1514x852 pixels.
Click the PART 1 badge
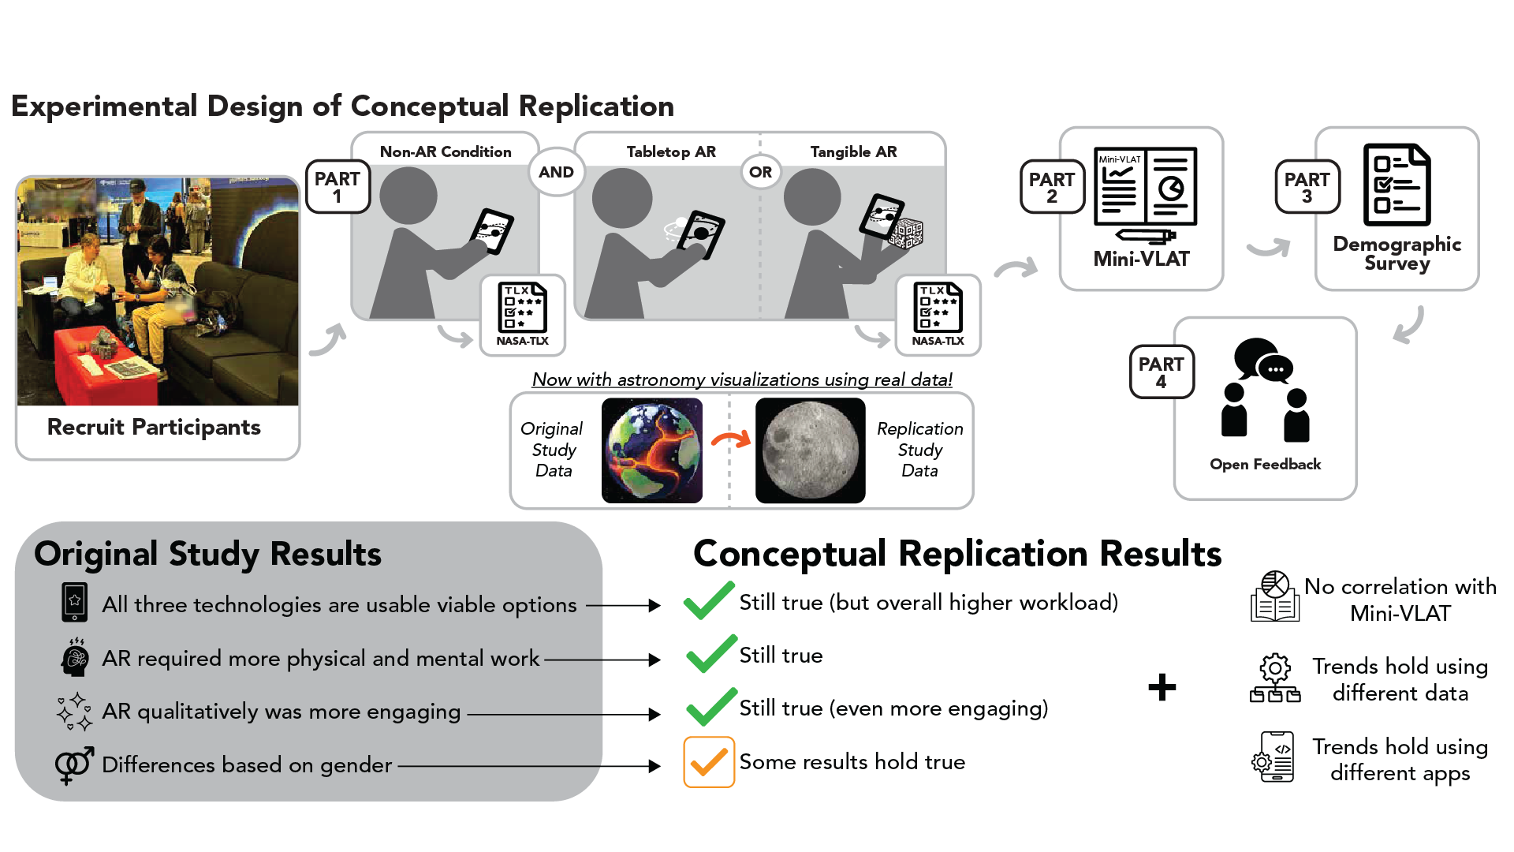(x=337, y=187)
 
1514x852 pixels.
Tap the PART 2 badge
(x=1052, y=188)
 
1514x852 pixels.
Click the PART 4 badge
(x=1161, y=372)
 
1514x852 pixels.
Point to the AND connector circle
(x=556, y=172)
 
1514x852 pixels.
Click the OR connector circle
(x=760, y=172)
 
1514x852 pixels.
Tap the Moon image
(x=810, y=450)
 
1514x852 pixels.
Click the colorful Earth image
(x=652, y=450)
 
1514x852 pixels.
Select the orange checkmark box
(x=709, y=762)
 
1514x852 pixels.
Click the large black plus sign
(x=1162, y=687)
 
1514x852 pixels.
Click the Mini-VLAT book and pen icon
(x=1145, y=194)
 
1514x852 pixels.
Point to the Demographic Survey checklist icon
(x=1397, y=185)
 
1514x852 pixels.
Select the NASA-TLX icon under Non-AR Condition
(x=522, y=314)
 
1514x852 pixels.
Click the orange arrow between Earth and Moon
(x=730, y=440)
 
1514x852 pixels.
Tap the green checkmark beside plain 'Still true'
(x=710, y=655)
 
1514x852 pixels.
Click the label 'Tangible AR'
(x=853, y=151)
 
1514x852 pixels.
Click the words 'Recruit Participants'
(x=154, y=427)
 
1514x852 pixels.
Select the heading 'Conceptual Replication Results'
(x=957, y=554)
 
